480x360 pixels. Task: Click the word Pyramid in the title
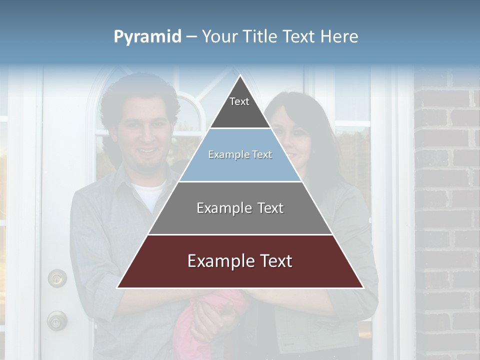click(147, 37)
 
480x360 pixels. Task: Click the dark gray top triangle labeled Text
click(239, 107)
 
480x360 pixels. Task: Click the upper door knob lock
click(57, 277)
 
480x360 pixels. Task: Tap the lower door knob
click(57, 320)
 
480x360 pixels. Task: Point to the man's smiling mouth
click(148, 150)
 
